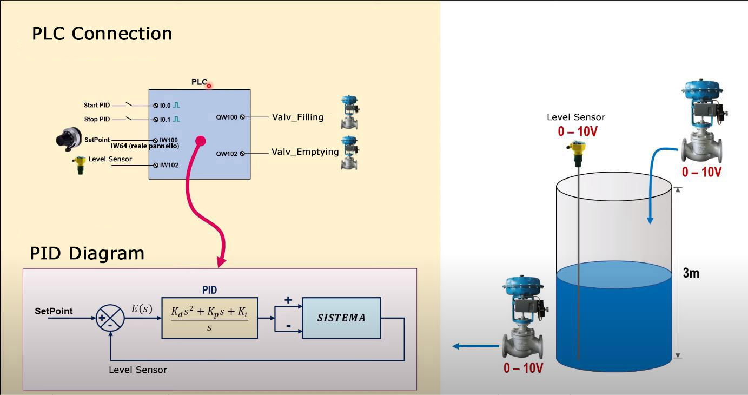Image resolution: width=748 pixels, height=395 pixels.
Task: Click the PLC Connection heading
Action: (102, 34)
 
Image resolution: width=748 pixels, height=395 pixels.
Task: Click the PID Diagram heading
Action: (87, 253)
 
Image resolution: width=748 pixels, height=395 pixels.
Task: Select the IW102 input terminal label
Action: (169, 165)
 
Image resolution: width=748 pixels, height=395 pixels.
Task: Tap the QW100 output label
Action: (227, 117)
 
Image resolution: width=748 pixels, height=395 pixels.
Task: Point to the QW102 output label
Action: (227, 154)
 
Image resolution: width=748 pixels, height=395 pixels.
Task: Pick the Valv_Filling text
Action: (297, 117)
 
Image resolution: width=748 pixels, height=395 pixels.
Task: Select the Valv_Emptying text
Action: (305, 152)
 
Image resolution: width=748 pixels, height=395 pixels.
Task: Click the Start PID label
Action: (97, 106)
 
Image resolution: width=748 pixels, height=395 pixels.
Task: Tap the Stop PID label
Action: (97, 119)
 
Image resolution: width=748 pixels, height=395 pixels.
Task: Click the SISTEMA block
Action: (341, 318)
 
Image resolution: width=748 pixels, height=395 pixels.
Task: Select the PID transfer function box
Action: (209, 318)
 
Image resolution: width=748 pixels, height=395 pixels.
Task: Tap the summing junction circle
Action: (110, 318)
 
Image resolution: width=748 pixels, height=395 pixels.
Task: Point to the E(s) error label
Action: (142, 309)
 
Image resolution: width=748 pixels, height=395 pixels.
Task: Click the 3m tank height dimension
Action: (691, 273)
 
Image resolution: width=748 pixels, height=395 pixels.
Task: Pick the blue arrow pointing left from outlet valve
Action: (475, 346)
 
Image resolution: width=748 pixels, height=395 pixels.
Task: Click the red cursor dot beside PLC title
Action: (209, 85)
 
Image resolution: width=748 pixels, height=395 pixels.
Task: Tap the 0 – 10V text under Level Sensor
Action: (578, 131)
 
